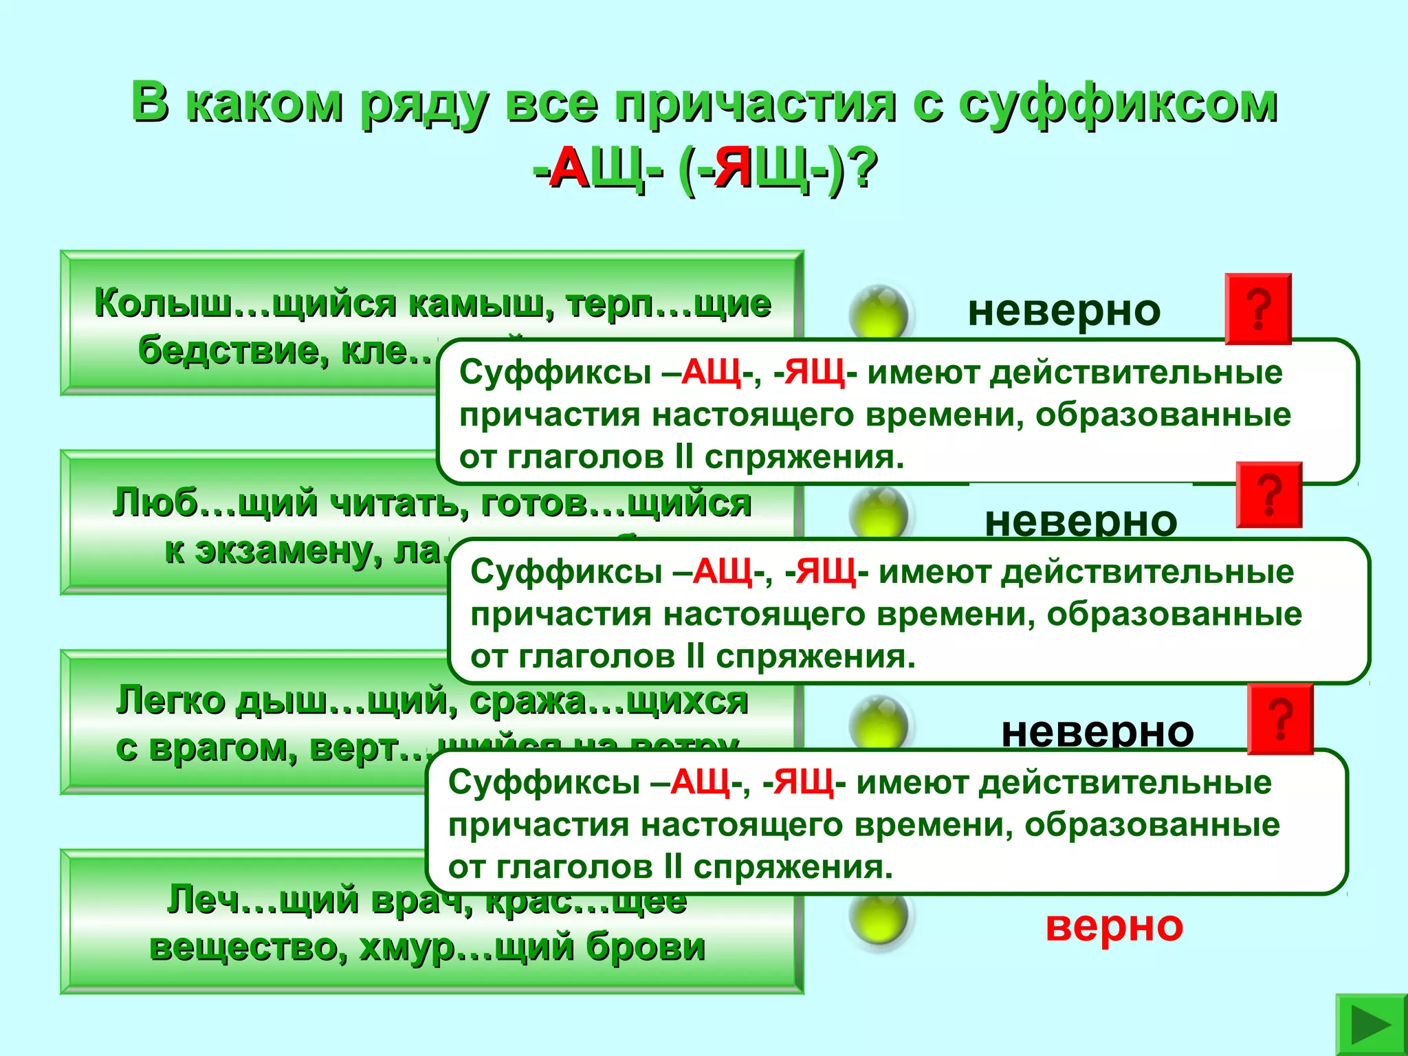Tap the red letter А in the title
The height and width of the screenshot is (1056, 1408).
tap(570, 168)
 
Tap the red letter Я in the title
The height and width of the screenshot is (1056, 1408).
tap(733, 168)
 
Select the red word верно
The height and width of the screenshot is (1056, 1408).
tap(1114, 925)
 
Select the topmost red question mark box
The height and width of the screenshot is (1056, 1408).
tap(1258, 309)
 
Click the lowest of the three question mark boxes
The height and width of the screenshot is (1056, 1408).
tap(1280, 719)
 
